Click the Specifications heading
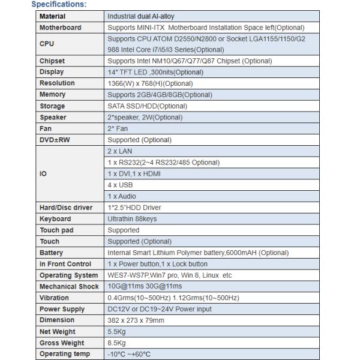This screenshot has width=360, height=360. pyautogui.click(x=59, y=5)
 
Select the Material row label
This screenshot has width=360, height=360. pyautogui.click(x=53, y=16)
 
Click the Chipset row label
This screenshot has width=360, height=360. pyautogui.click(x=52, y=61)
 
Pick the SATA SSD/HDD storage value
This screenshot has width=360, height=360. pyautogui.click(x=139, y=106)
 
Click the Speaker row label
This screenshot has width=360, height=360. pyautogui.click(x=53, y=118)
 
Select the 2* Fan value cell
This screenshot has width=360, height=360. pyautogui.click(x=117, y=128)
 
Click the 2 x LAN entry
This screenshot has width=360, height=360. pyautogui.click(x=119, y=151)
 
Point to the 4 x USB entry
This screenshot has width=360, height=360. pyautogui.click(x=120, y=185)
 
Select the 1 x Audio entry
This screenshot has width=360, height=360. pyautogui.click(x=122, y=196)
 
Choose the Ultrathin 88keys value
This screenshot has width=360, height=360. pyautogui.click(x=132, y=219)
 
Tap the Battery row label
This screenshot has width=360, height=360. pyautogui.click(x=52, y=253)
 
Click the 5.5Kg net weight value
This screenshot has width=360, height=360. pyautogui.click(x=116, y=332)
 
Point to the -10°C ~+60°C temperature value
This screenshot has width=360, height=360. pyautogui.click(x=129, y=354)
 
